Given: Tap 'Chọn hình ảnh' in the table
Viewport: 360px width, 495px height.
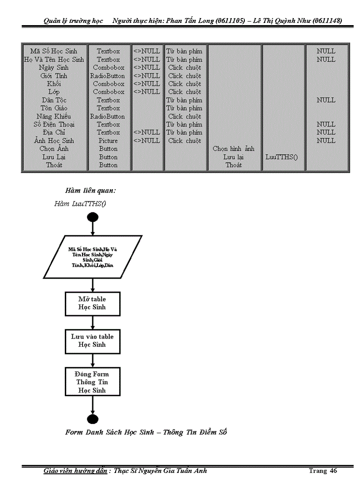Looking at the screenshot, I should point(233,149).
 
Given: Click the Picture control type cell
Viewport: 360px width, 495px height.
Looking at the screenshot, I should point(108,141).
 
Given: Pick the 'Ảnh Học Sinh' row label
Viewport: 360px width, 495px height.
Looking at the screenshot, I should point(54,141).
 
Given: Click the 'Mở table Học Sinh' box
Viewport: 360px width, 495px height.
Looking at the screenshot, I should point(92,303).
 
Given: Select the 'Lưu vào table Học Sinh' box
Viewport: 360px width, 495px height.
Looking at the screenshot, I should point(92,341).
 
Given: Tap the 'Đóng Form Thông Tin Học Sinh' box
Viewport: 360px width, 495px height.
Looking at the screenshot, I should point(92,382).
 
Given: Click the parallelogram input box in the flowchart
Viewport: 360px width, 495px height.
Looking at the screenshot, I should point(93,257).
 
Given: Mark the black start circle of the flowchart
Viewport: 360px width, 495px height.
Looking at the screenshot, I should point(93,217).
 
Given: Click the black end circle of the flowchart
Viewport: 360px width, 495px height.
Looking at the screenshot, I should point(93,419).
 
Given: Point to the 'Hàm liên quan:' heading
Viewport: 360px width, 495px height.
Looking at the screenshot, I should point(90,190).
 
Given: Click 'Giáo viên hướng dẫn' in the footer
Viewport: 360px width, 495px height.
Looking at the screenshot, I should point(75,471).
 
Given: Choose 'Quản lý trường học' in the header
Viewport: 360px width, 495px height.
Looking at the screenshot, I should point(73,21).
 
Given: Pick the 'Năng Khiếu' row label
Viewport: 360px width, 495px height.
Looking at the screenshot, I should point(54,116).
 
